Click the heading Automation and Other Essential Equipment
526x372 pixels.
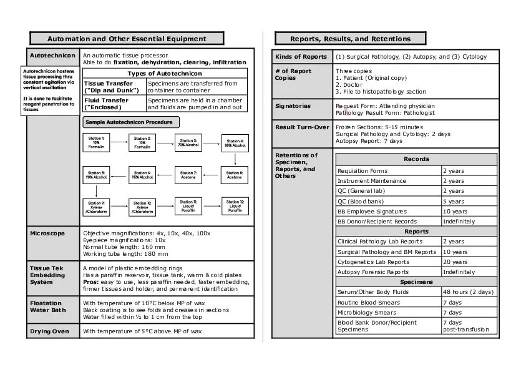[x=127, y=39]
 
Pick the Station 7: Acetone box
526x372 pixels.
[x=188, y=175]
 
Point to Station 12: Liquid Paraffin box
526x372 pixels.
[x=235, y=206]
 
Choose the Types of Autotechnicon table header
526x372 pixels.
[x=165, y=74]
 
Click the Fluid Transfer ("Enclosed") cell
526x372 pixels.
[x=114, y=104]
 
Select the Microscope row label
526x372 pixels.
[x=47, y=233]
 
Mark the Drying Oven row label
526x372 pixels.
[x=49, y=331]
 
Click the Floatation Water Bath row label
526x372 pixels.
[x=47, y=306]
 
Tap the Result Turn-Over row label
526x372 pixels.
[x=302, y=127]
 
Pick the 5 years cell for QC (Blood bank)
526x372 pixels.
[x=454, y=202]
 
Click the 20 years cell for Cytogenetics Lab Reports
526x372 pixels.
[x=455, y=262]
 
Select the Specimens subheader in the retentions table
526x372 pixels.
[x=416, y=282]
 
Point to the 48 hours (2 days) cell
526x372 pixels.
[x=468, y=292]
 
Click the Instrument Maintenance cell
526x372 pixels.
[x=372, y=181]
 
